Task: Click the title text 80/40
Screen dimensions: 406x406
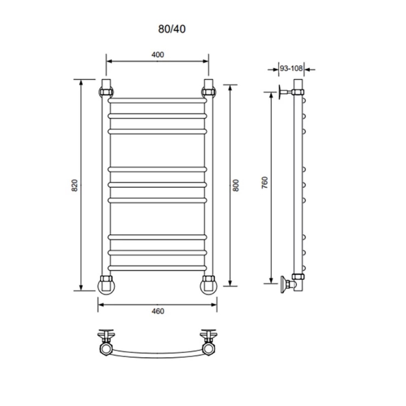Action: pos(172,29)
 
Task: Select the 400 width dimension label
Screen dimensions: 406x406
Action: pos(158,55)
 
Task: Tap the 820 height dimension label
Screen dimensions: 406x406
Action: pos(74,185)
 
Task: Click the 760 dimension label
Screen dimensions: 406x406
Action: pos(264,183)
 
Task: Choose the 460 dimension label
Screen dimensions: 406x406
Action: pos(158,311)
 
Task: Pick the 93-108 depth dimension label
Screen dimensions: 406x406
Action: pos(291,68)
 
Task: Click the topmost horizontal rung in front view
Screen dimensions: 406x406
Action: pos(158,100)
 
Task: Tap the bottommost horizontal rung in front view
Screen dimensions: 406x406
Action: pos(158,268)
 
